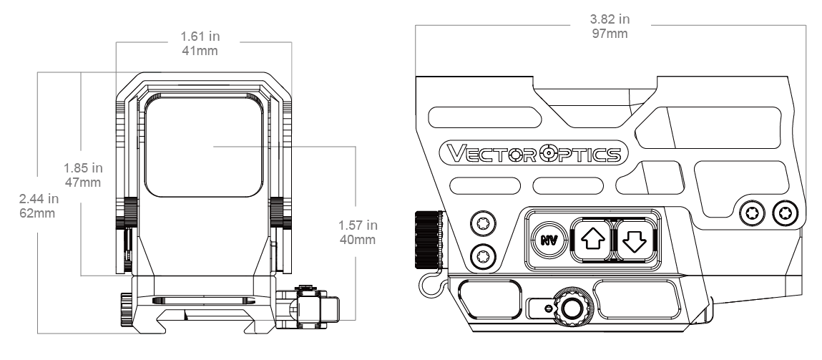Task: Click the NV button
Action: pyautogui.click(x=549, y=240)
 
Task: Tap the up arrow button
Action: pyautogui.click(x=593, y=240)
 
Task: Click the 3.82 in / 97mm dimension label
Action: pyautogui.click(x=610, y=26)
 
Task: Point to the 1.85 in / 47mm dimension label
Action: pyautogui.click(x=83, y=175)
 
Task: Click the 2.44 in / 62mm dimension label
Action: pyautogui.click(x=39, y=206)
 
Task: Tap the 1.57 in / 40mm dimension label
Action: pyautogui.click(x=358, y=233)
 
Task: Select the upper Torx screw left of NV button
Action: pyautogui.click(x=483, y=225)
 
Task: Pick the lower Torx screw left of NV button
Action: pyautogui.click(x=483, y=257)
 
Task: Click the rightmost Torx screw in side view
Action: pyautogui.click(x=786, y=213)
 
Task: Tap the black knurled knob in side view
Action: pyautogui.click(x=429, y=239)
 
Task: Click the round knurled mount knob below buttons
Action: pyautogui.click(x=573, y=307)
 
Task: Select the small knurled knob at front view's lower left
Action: pyautogui.click(x=126, y=309)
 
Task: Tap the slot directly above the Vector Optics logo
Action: pyautogui.click(x=484, y=117)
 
